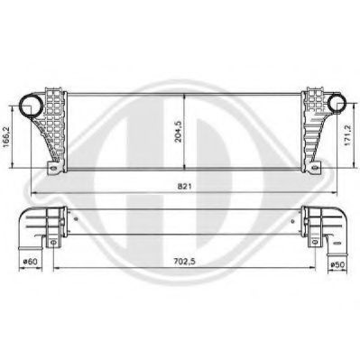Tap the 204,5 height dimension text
click(x=178, y=130)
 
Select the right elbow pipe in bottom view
click(x=325, y=225)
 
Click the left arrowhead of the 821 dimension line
click(x=32, y=194)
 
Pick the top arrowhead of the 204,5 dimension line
click(x=185, y=96)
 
